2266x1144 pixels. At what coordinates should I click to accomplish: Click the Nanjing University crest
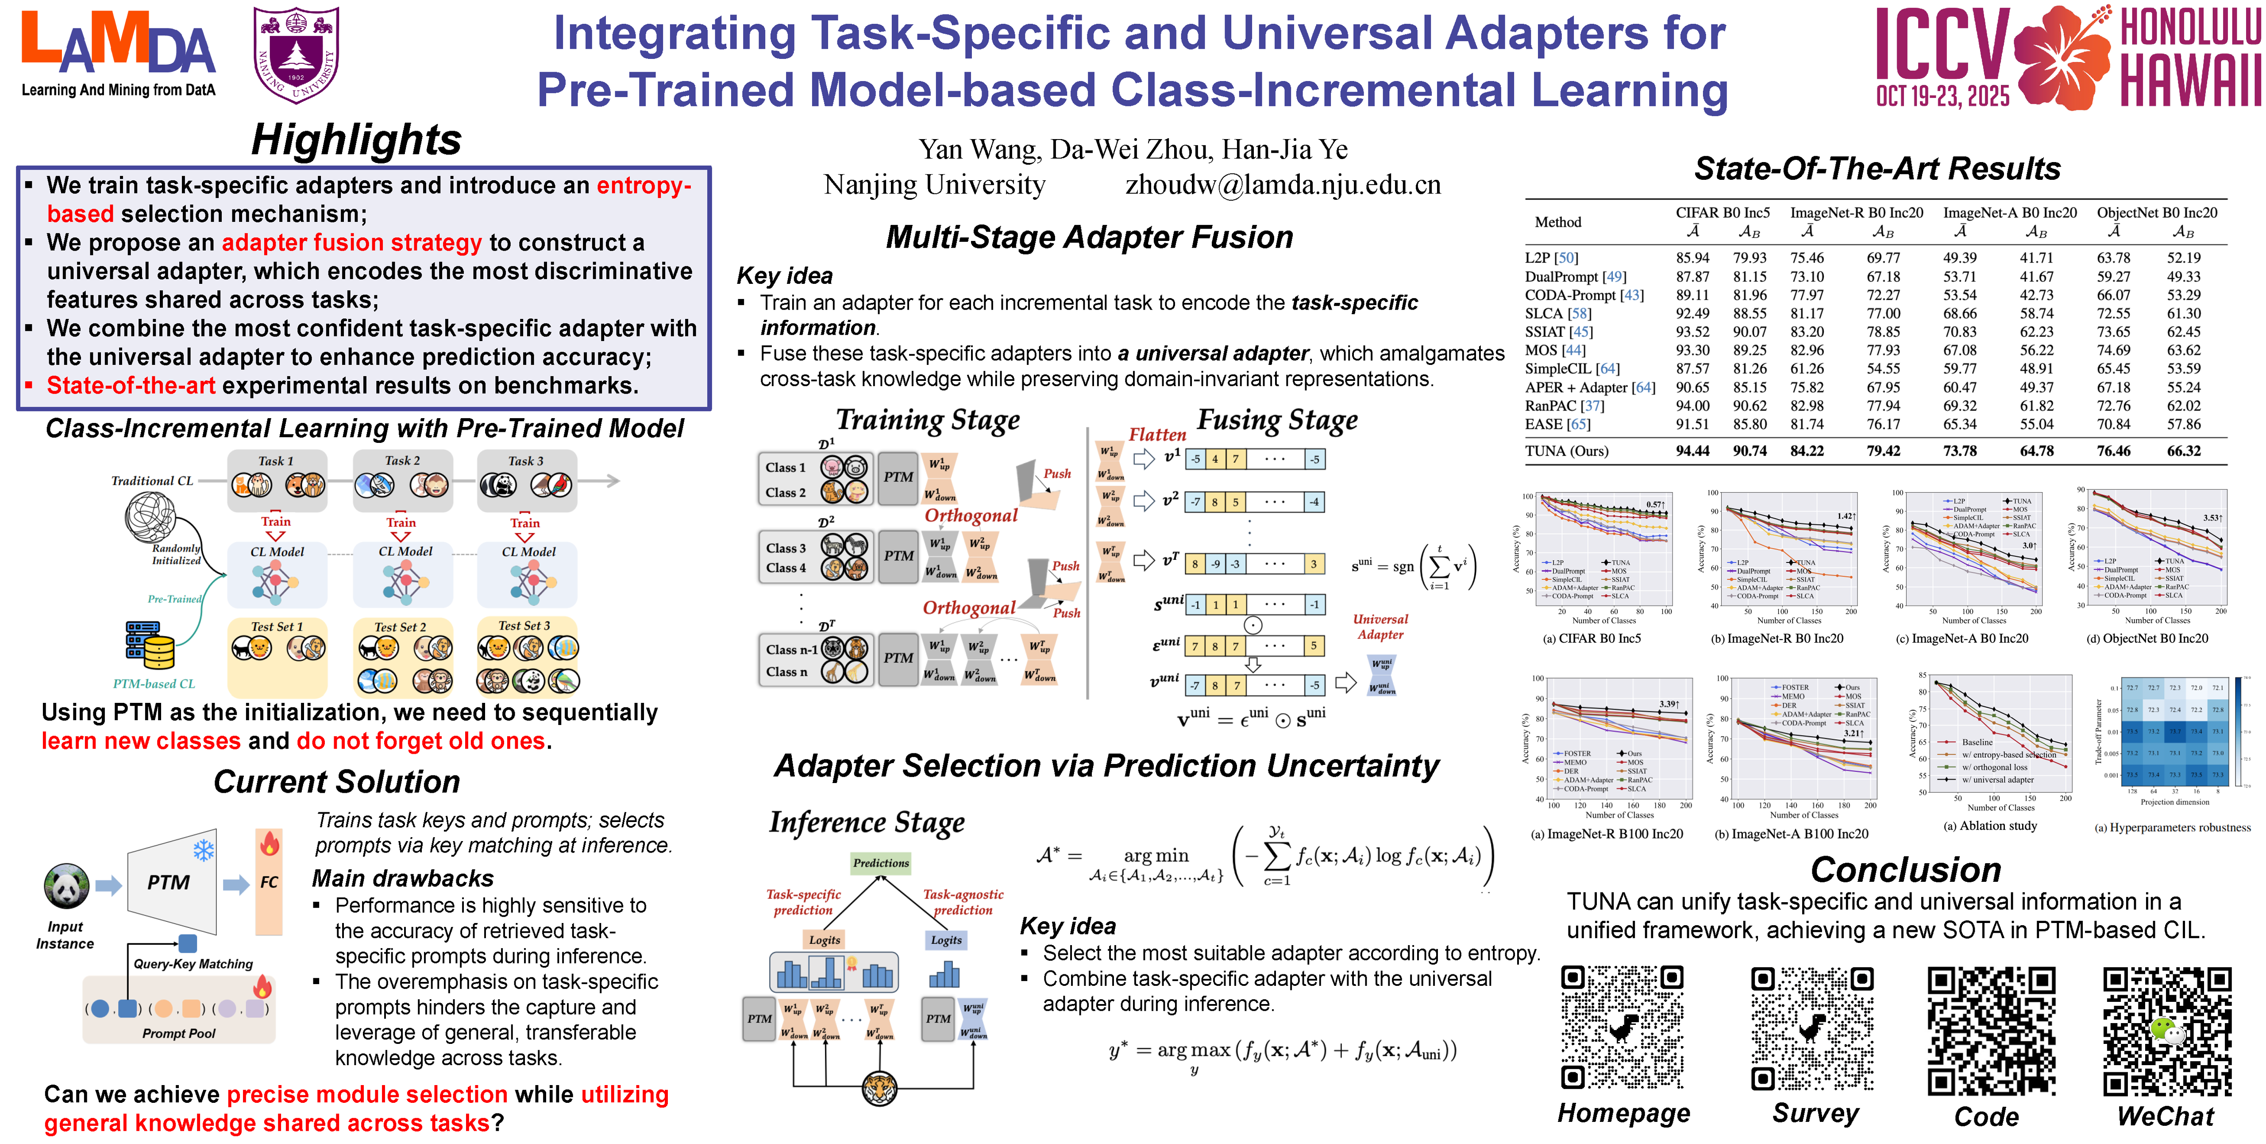(297, 54)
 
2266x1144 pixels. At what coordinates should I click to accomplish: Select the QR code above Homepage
(1623, 1027)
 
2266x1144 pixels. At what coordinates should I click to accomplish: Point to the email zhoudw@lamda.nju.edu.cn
(1283, 185)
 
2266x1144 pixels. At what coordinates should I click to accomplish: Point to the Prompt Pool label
(178, 1033)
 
